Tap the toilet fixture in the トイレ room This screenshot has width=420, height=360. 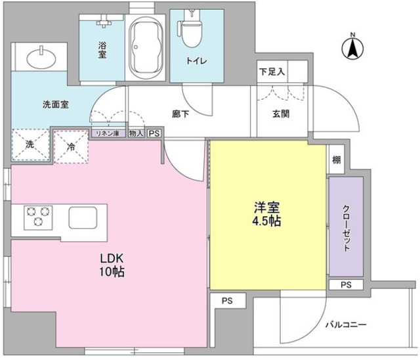pyautogui.click(x=191, y=30)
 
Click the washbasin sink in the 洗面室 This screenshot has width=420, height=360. pyautogui.click(x=40, y=56)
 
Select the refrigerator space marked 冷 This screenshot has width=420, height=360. pyautogui.click(x=70, y=146)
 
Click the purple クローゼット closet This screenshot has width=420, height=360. pyautogui.click(x=345, y=226)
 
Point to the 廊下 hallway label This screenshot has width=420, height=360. pyautogui.click(x=180, y=114)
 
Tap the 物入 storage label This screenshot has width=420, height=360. pyautogui.click(x=136, y=133)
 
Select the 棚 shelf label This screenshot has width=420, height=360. pyautogui.click(x=335, y=159)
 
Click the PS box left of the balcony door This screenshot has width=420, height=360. pyautogui.click(x=226, y=302)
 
